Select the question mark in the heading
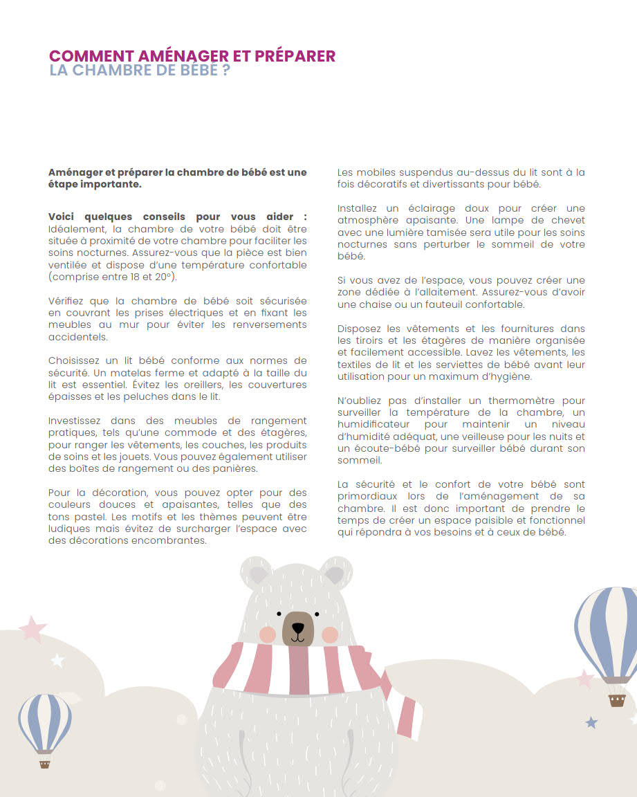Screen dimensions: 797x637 tap(225, 71)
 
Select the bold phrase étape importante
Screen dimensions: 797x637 tap(95, 184)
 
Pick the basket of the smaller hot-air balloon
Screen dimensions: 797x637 tap(45, 763)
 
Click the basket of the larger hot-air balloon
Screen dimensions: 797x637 tap(617, 700)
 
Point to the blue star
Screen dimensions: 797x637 tap(591, 723)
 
